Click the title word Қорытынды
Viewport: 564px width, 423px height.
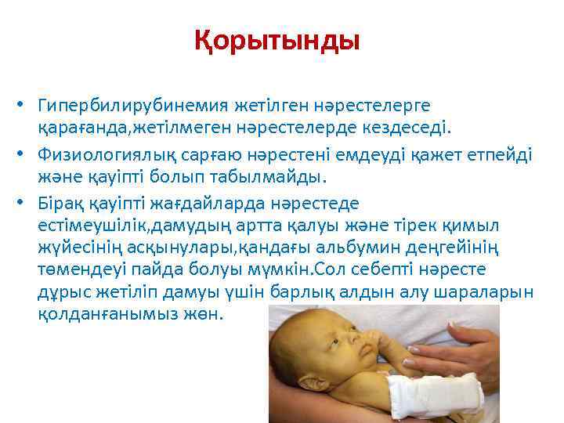tap(277, 40)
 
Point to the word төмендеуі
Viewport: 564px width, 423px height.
tap(79, 269)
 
